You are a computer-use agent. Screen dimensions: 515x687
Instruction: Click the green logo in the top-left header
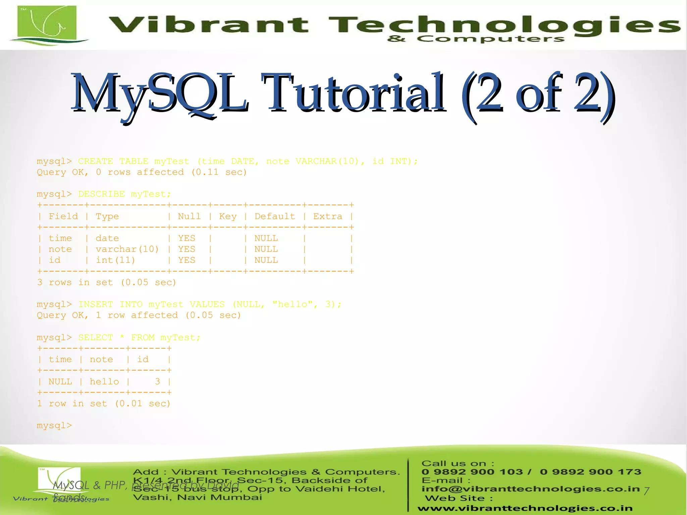tap(47, 24)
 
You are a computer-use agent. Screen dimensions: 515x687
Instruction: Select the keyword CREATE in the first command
tap(95, 161)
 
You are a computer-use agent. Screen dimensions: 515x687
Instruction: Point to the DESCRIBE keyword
tap(101, 194)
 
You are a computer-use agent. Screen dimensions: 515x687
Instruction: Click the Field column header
tap(63, 216)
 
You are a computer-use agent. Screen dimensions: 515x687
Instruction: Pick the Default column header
tap(275, 216)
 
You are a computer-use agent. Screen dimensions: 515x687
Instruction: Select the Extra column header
tap(328, 216)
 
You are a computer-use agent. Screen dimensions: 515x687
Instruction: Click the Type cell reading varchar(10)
tap(127, 249)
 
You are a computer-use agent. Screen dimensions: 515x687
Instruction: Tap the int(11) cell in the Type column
tap(115, 260)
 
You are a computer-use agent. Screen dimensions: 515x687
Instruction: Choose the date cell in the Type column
tap(107, 238)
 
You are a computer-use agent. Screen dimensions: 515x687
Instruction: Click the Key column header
tap(228, 216)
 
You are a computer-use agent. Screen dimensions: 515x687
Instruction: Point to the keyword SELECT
tap(95, 338)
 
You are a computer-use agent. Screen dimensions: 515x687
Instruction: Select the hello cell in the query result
tap(104, 382)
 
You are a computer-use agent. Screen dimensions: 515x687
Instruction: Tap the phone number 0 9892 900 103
tap(472, 472)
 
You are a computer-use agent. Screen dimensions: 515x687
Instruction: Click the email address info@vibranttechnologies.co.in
tap(530, 489)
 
